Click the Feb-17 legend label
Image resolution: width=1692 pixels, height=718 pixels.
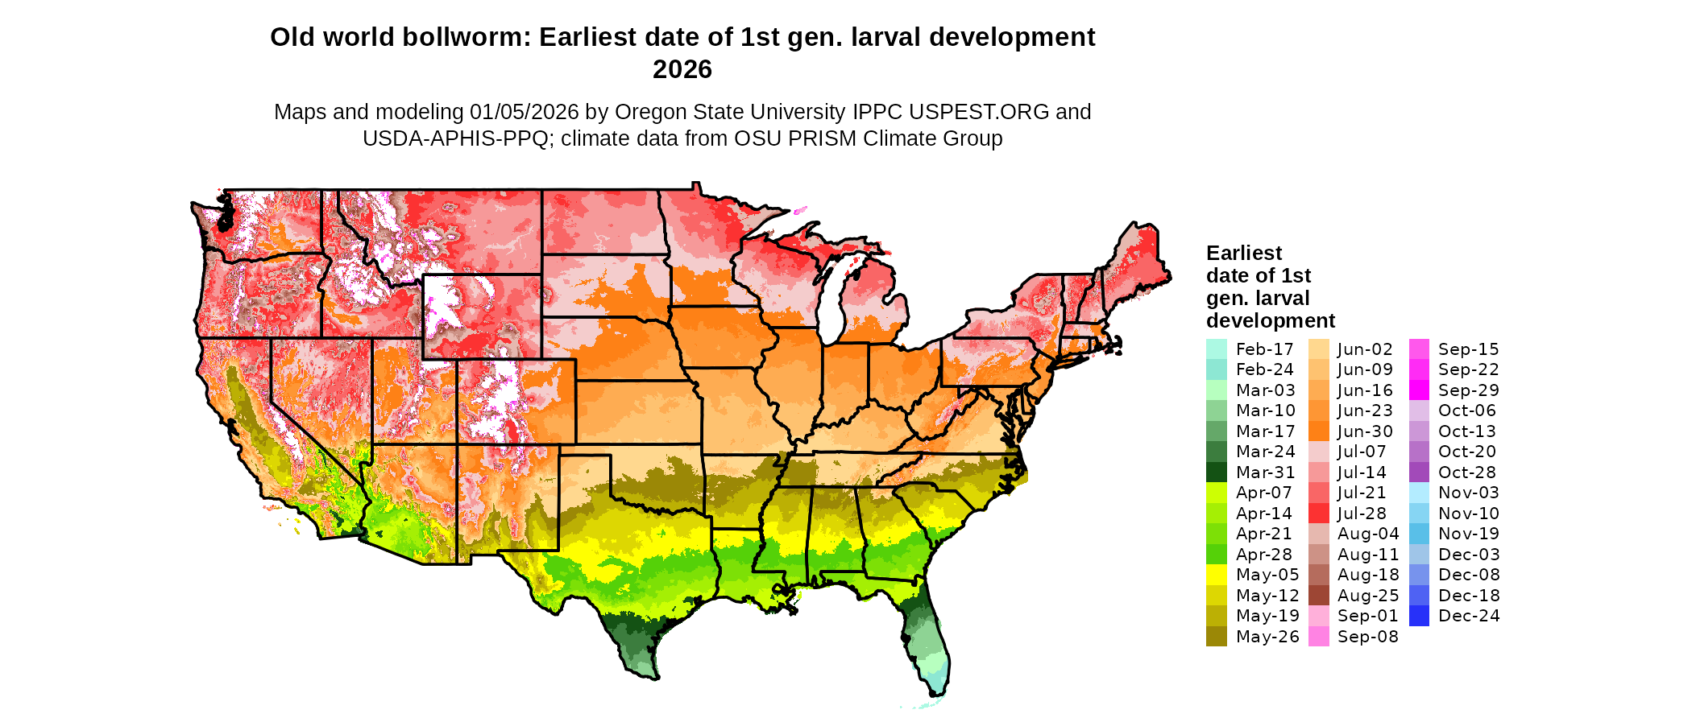pyautogui.click(x=1264, y=349)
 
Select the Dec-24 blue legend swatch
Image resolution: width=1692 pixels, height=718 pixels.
pyautogui.click(x=1419, y=616)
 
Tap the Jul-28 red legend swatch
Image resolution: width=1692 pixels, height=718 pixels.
pyautogui.click(x=1318, y=514)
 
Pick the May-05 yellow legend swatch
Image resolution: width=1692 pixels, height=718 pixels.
pyautogui.click(x=1216, y=575)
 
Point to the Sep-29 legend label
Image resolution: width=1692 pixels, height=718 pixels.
pyautogui.click(x=1468, y=390)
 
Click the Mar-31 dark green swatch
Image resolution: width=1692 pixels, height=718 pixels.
pyautogui.click(x=1216, y=472)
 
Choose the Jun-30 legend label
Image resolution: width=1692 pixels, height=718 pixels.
pyautogui.click(x=1365, y=431)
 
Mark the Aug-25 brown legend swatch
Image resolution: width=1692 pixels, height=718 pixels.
pyautogui.click(x=1318, y=596)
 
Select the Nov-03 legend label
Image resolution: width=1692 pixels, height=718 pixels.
pyautogui.click(x=1468, y=493)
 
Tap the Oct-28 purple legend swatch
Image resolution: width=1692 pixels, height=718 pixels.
pyautogui.click(x=1419, y=472)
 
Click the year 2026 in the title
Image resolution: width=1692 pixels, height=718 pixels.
pyautogui.click(x=682, y=70)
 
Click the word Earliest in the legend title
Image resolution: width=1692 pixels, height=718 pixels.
pyautogui.click(x=1243, y=254)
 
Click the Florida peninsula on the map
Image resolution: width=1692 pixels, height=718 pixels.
pyautogui.click(x=927, y=636)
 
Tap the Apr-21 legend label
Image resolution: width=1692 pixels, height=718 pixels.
pyautogui.click(x=1263, y=534)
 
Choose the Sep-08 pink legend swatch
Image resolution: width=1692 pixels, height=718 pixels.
pyautogui.click(x=1318, y=637)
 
